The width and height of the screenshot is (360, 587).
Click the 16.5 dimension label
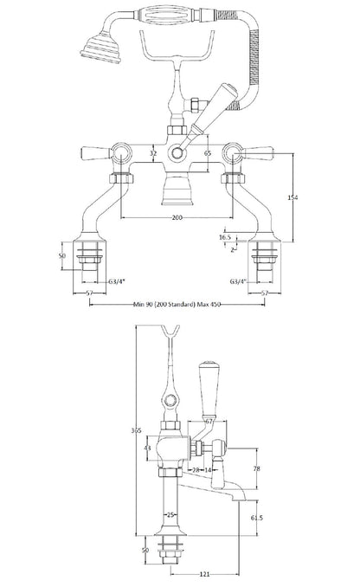[224, 235]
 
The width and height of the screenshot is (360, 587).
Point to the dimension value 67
[209, 420]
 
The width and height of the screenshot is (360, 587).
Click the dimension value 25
[171, 515]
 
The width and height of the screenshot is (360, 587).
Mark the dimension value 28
[198, 469]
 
